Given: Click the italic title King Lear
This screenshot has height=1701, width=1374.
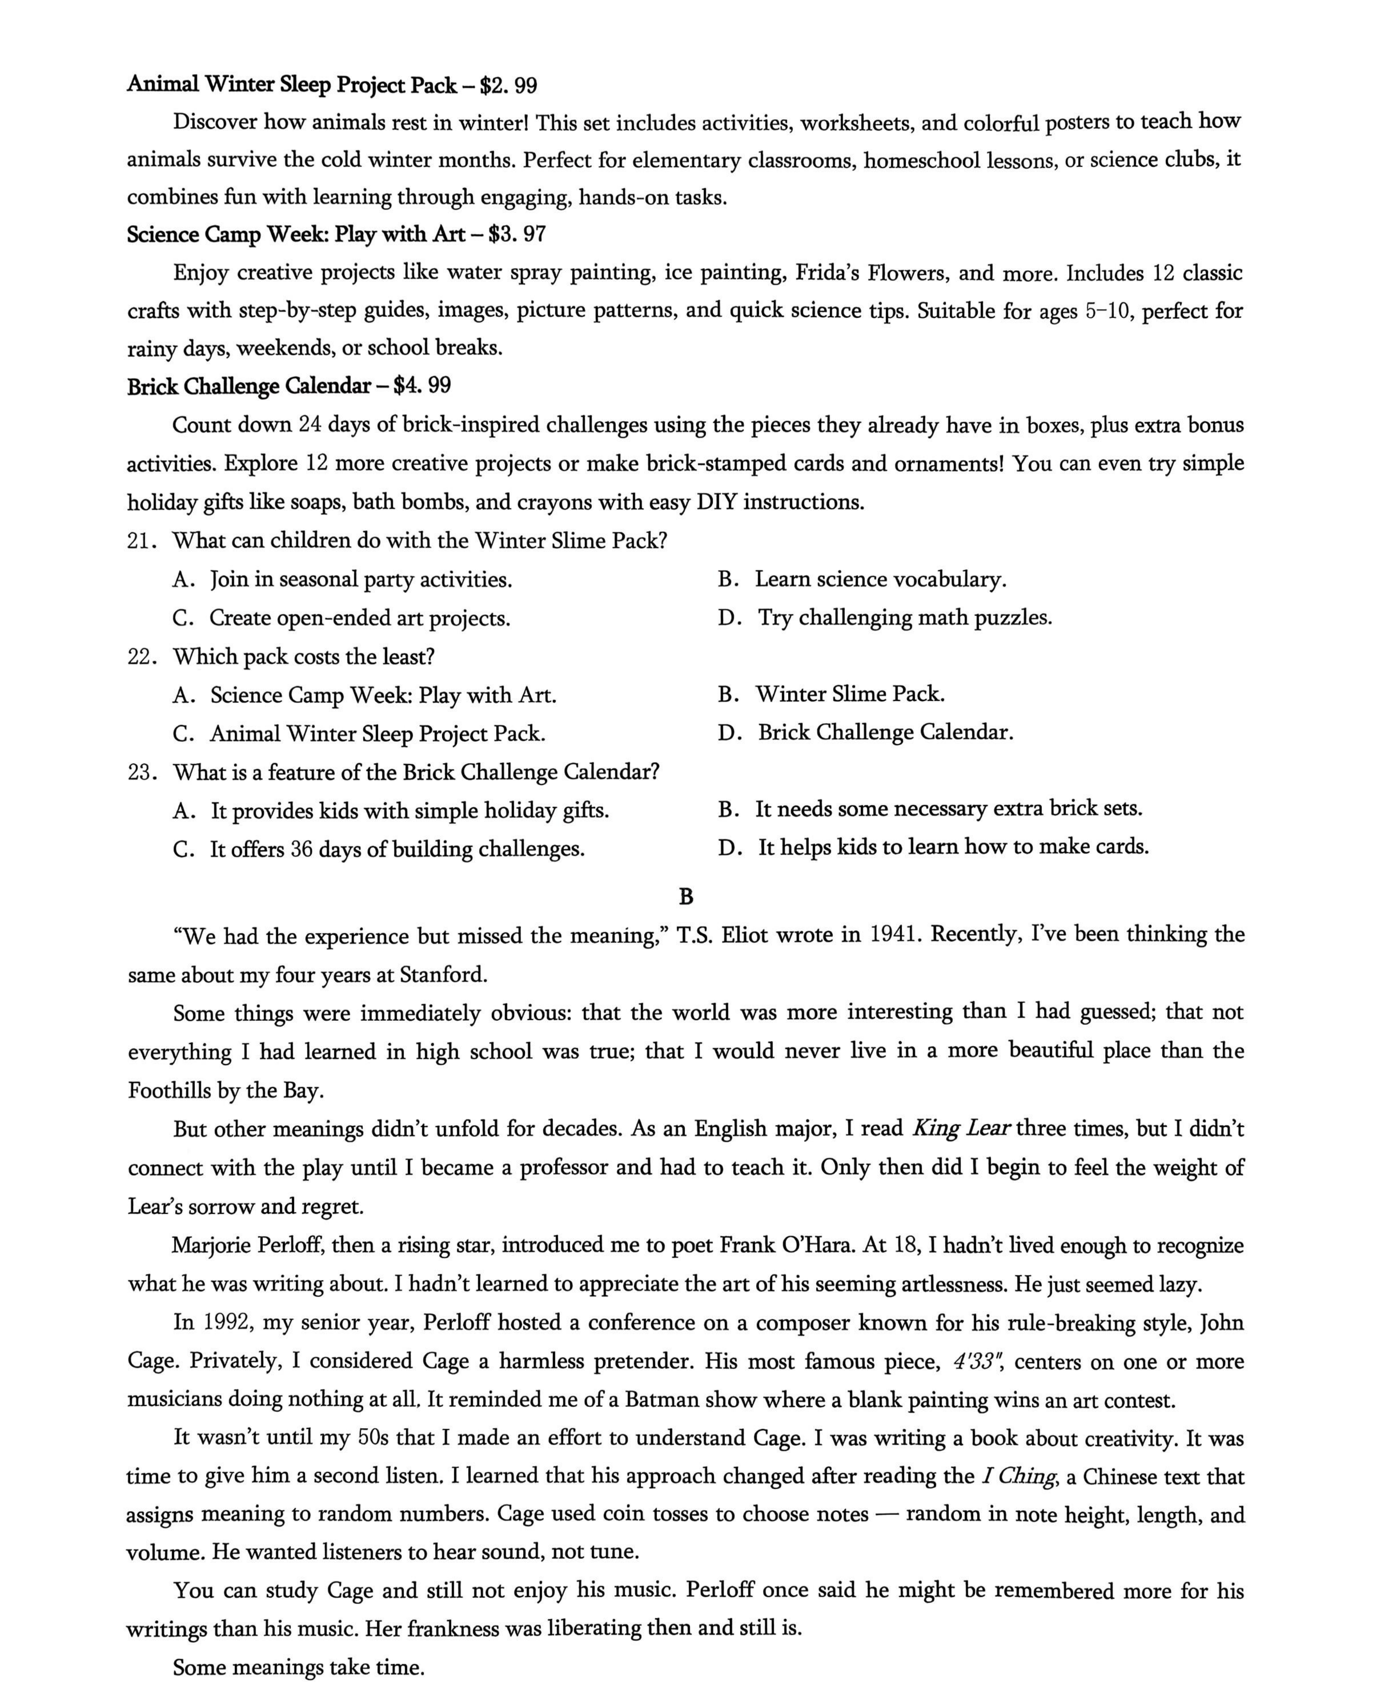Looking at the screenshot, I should click(x=960, y=1128).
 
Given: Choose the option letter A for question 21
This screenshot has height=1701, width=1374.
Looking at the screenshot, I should click(x=182, y=580).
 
